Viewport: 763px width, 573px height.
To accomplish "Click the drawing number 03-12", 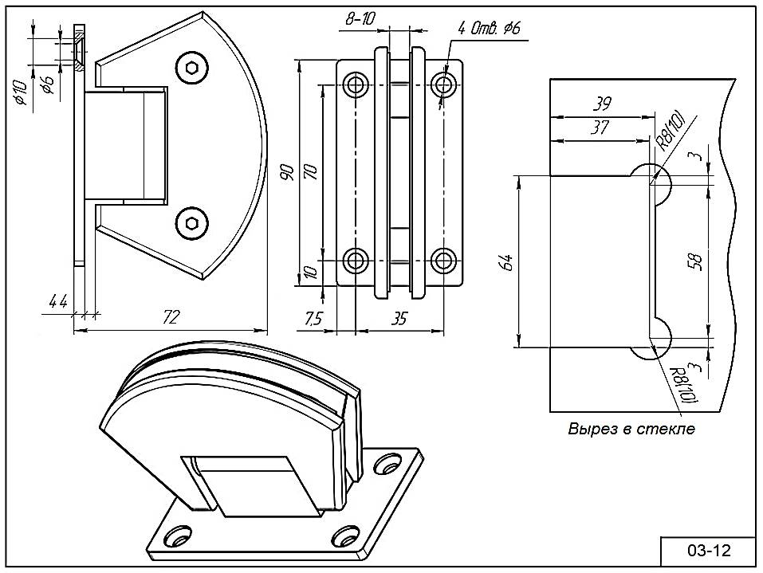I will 708,551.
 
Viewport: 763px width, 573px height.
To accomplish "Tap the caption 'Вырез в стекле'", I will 631,429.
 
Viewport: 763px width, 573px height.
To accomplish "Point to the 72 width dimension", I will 170,317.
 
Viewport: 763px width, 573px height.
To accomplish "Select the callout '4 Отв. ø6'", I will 488,29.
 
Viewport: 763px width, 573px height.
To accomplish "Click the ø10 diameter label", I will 20,93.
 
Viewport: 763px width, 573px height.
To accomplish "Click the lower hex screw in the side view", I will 191,222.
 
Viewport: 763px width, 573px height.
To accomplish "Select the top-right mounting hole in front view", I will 443,84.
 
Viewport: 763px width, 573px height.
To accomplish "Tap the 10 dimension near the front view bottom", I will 311,273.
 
